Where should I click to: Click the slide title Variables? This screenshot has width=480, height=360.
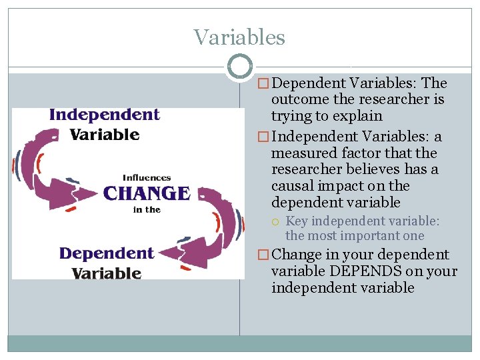pos(239,37)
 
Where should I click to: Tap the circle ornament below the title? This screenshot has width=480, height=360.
pos(239,67)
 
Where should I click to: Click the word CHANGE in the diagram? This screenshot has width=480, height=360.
pos(147,194)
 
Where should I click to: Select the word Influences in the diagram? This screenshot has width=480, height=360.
pos(147,178)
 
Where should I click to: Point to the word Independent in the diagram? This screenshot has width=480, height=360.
pos(105,115)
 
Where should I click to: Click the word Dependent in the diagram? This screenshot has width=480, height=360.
pos(106,253)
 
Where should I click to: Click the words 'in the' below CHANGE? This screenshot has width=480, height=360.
pos(147,209)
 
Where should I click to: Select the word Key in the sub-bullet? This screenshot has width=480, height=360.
pos(297,221)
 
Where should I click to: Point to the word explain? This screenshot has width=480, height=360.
pos(359,116)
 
